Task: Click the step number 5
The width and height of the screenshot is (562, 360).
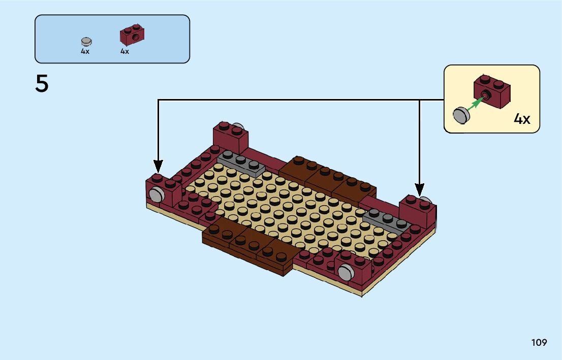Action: pos(42,84)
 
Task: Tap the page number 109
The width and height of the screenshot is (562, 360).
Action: pos(539,342)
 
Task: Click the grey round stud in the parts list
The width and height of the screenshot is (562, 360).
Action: pos(86,41)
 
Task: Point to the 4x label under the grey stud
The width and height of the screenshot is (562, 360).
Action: pos(85,51)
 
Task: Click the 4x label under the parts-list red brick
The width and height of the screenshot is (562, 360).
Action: pos(124,51)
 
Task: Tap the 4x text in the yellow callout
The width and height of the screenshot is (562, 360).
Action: pos(522,119)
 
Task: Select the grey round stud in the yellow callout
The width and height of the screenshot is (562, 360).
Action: pos(460,115)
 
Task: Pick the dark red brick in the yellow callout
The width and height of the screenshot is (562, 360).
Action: pos(492,91)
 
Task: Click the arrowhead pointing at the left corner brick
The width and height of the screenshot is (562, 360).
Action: pos(158,166)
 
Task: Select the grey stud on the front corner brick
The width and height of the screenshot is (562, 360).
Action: pos(345,272)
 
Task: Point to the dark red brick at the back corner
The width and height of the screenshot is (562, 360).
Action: pos(231,136)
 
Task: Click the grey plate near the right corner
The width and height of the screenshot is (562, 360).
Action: pos(386,220)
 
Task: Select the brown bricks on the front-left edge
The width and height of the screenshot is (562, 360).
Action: pos(248,249)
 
